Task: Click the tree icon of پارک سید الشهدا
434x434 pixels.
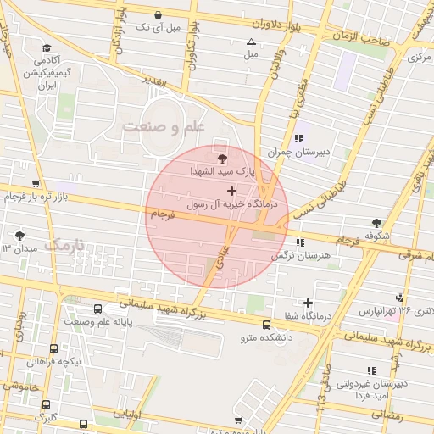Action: [x=222, y=158]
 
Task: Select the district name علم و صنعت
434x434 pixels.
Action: [x=164, y=127]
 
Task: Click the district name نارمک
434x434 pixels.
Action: [x=63, y=246]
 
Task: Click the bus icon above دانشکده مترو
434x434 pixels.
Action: [x=267, y=325]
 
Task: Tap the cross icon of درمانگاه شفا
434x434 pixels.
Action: [x=307, y=303]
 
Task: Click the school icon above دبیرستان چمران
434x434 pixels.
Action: [x=298, y=138]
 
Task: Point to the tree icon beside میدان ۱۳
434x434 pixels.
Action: [x=20, y=235]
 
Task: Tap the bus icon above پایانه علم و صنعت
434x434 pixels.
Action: [x=98, y=309]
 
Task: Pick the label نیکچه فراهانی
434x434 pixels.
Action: [x=54, y=362]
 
